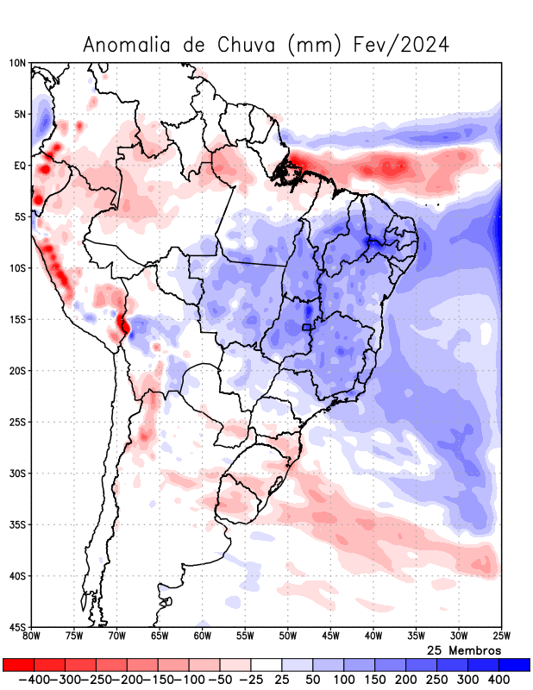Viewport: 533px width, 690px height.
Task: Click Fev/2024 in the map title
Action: [x=402, y=45]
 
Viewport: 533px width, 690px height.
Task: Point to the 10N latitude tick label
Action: [x=18, y=63]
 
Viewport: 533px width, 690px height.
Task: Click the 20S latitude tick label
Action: [x=18, y=371]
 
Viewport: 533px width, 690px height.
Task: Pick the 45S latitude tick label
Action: [x=18, y=627]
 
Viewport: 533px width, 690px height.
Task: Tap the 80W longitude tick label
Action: [x=31, y=637]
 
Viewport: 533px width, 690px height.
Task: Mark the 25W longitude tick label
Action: [x=501, y=637]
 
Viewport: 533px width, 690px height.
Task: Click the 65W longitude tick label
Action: [x=160, y=637]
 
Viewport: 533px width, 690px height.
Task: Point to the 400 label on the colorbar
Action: [x=499, y=680]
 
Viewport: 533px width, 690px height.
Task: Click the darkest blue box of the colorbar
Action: [x=514, y=665]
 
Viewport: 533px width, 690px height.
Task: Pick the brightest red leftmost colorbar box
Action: [x=18, y=665]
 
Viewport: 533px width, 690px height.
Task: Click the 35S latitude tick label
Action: [x=18, y=524]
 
